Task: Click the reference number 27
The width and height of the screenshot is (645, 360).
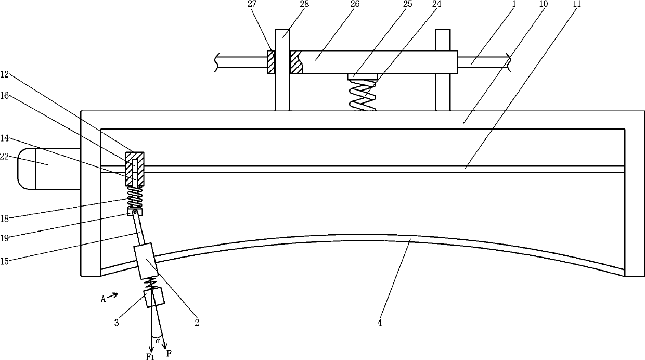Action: (252, 5)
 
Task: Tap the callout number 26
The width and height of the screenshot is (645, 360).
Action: (355, 5)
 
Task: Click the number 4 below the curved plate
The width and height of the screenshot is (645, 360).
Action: (380, 323)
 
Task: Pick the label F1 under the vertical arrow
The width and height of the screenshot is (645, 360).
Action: (150, 356)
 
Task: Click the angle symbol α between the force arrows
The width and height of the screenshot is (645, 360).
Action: (158, 341)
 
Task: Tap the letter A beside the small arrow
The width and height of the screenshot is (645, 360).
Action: (103, 299)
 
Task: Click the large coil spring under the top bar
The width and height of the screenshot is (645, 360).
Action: (363, 95)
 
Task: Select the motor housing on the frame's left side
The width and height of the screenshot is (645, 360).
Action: (49, 169)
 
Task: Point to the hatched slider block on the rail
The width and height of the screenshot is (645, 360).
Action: (135, 169)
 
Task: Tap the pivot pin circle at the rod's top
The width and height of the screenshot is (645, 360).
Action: (134, 212)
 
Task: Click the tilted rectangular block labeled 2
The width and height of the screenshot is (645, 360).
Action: (146, 261)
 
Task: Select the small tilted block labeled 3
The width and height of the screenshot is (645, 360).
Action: (154, 297)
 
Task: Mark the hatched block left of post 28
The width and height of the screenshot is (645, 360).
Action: (271, 62)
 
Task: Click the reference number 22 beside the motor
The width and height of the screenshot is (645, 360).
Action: (4, 157)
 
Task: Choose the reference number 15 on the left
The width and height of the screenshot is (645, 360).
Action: (4, 261)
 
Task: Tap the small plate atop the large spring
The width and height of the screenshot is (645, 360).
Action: (362, 76)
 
